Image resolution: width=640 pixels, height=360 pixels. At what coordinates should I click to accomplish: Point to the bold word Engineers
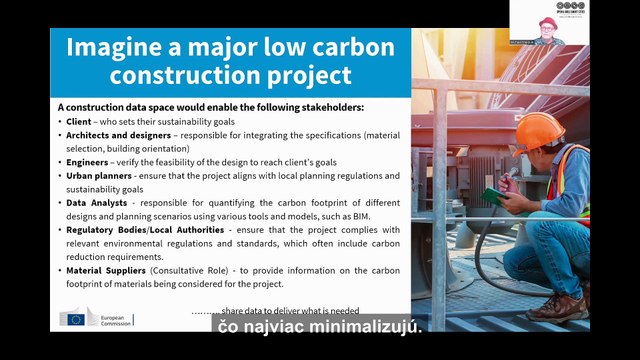(88, 161)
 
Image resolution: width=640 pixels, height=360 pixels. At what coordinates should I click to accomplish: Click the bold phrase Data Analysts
(96, 202)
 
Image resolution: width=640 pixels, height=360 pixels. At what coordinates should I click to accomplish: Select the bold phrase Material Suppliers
(109, 270)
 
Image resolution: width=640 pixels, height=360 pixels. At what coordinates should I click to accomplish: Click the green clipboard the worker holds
(493, 196)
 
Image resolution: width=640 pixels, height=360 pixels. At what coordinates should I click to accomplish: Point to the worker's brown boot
(554, 306)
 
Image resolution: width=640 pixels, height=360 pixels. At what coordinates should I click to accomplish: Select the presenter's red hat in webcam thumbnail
(546, 22)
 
